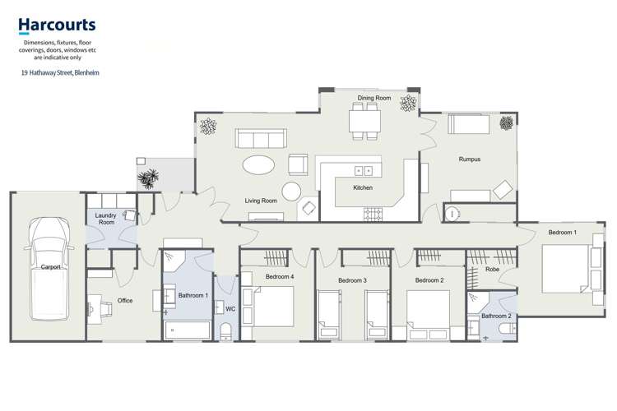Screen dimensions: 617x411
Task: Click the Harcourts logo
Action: pyautogui.click(x=57, y=25)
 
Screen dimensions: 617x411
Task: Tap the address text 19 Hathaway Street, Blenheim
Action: pyautogui.click(x=60, y=73)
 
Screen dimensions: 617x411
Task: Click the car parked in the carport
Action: pyautogui.click(x=49, y=269)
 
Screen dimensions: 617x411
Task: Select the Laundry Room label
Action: pyautogui.click(x=105, y=219)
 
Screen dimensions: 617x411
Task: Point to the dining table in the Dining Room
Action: pyautogui.click(x=364, y=121)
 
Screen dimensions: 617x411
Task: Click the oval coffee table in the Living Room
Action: pyautogui.click(x=258, y=164)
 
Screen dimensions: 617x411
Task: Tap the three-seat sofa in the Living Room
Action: pyautogui.click(x=261, y=138)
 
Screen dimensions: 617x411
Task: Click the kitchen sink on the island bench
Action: pyautogui.click(x=363, y=171)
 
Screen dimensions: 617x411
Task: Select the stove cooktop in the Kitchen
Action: pyautogui.click(x=373, y=215)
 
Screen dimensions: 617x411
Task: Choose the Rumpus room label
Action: pyautogui.click(x=470, y=159)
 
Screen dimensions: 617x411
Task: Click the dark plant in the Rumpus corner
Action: pyautogui.click(x=507, y=123)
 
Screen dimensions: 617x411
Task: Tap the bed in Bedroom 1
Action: pyautogui.click(x=568, y=269)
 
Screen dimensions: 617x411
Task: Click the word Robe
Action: pyautogui.click(x=492, y=270)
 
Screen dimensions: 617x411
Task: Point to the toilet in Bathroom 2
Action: pyautogui.click(x=508, y=329)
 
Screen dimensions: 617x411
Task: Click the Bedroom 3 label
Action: pyautogui.click(x=353, y=280)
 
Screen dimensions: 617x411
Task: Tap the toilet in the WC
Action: pyautogui.click(x=226, y=331)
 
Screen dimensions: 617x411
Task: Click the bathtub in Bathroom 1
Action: pyautogui.click(x=188, y=330)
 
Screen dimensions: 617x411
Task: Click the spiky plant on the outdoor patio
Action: pyautogui.click(x=148, y=178)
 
